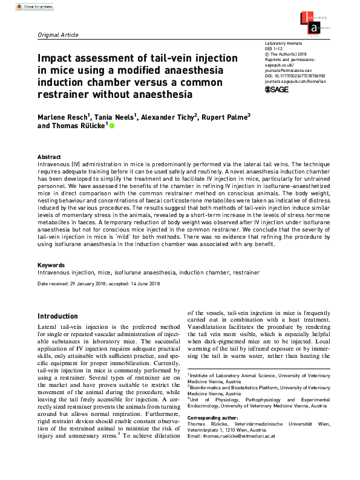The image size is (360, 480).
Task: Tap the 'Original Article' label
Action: coord(58,35)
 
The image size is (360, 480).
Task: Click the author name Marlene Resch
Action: coord(64,116)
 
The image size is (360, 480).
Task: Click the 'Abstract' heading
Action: coord(49,156)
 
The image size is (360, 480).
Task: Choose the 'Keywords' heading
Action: coord(51,265)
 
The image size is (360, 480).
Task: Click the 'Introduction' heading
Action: coord(57,316)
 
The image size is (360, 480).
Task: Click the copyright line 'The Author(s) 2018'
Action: coord(291,56)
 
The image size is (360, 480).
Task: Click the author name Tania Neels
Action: coord(113,116)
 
